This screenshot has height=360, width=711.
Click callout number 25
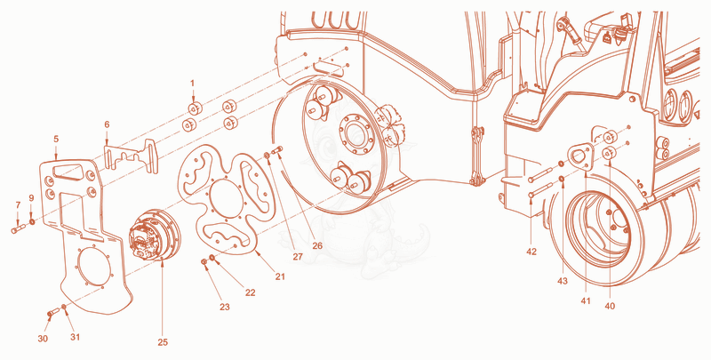163,342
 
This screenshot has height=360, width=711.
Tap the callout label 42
531,252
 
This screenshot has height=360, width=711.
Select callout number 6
107,124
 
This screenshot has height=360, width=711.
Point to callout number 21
280,276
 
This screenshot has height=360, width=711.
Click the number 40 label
610,306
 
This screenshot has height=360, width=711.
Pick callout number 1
192,84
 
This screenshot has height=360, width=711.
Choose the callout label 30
43,339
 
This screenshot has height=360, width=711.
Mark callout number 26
317,245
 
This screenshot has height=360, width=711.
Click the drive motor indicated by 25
155,235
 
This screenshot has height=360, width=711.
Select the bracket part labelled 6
131,156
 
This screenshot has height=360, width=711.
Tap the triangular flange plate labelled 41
580,157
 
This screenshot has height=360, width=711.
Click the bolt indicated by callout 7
19,228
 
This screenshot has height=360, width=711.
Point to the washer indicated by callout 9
32,222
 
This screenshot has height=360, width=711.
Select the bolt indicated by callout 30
53,312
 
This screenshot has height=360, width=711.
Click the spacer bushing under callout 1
195,108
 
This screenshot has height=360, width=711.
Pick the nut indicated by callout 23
204,262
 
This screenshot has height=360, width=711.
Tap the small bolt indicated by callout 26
277,149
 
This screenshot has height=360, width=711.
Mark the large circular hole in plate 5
94,267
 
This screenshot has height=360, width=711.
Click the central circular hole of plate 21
227,198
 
